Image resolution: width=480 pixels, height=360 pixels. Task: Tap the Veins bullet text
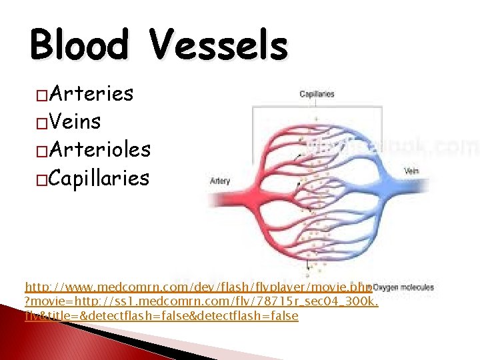click(74, 122)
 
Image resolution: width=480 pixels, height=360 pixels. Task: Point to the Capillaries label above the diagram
click(317, 95)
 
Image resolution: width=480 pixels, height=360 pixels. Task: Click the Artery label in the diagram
click(220, 181)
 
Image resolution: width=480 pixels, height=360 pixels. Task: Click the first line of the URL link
click(197, 287)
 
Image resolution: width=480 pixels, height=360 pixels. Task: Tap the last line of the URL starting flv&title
click(161, 315)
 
